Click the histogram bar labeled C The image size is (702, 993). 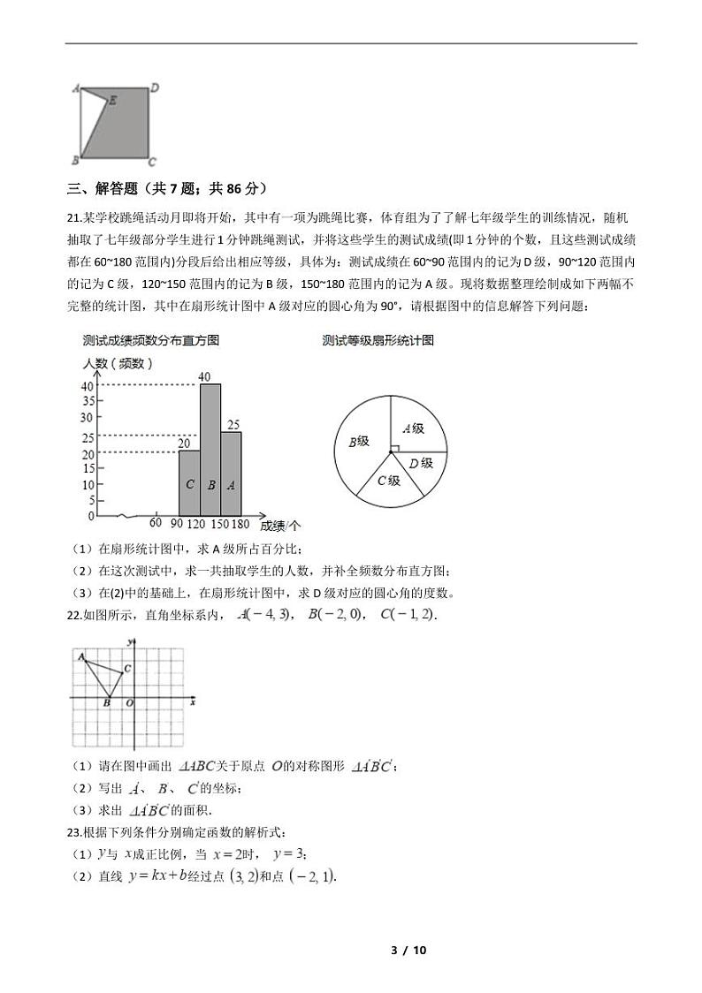pyautogui.click(x=189, y=483)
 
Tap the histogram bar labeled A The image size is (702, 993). pyautogui.click(x=231, y=473)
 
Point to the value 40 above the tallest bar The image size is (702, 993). pyautogui.click(x=204, y=377)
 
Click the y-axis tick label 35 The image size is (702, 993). pyautogui.click(x=88, y=403)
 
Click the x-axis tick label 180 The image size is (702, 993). pyautogui.click(x=240, y=523)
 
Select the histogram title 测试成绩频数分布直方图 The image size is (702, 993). pyautogui.click(x=151, y=340)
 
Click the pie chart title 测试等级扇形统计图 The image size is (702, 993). pyautogui.click(x=378, y=340)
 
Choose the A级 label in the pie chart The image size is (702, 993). pyautogui.click(x=414, y=428)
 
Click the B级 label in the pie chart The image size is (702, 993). pyautogui.click(x=358, y=442)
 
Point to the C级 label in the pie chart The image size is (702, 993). pyautogui.click(x=389, y=481)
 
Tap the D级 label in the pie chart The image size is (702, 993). pyautogui.click(x=422, y=463)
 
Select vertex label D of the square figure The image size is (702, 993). pyautogui.click(x=154, y=87)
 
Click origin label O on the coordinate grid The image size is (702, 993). pyautogui.click(x=129, y=703)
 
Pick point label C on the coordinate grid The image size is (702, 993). pyautogui.click(x=128, y=669)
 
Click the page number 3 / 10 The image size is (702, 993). pyautogui.click(x=408, y=951)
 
